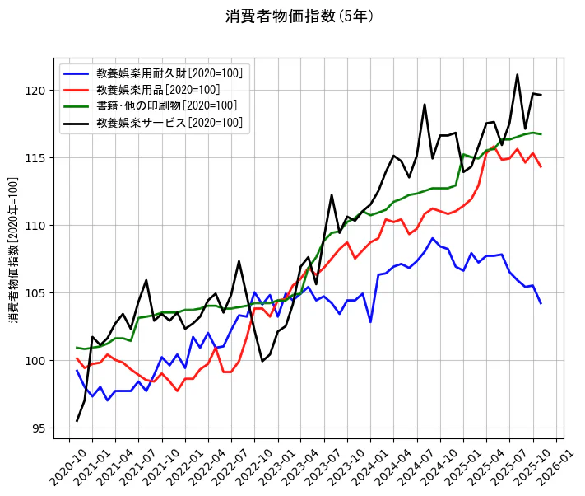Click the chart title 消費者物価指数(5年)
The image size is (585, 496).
[300, 16]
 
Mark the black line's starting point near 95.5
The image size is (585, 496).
[77, 421]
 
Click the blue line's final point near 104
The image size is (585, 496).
[541, 303]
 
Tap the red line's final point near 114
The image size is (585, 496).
[541, 167]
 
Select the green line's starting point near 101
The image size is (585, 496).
[77, 347]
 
